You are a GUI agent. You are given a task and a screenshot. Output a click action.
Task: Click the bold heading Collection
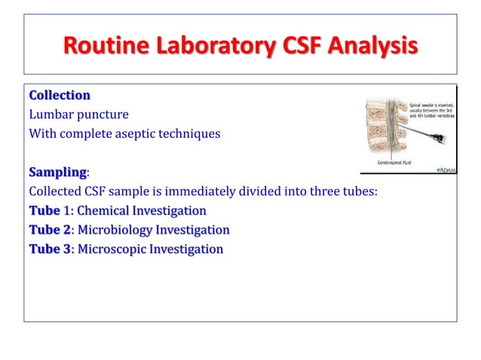tap(60, 96)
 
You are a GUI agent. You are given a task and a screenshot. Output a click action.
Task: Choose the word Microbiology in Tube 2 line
tap(115, 230)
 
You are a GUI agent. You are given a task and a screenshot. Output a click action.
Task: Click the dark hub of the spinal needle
tap(440, 140)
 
